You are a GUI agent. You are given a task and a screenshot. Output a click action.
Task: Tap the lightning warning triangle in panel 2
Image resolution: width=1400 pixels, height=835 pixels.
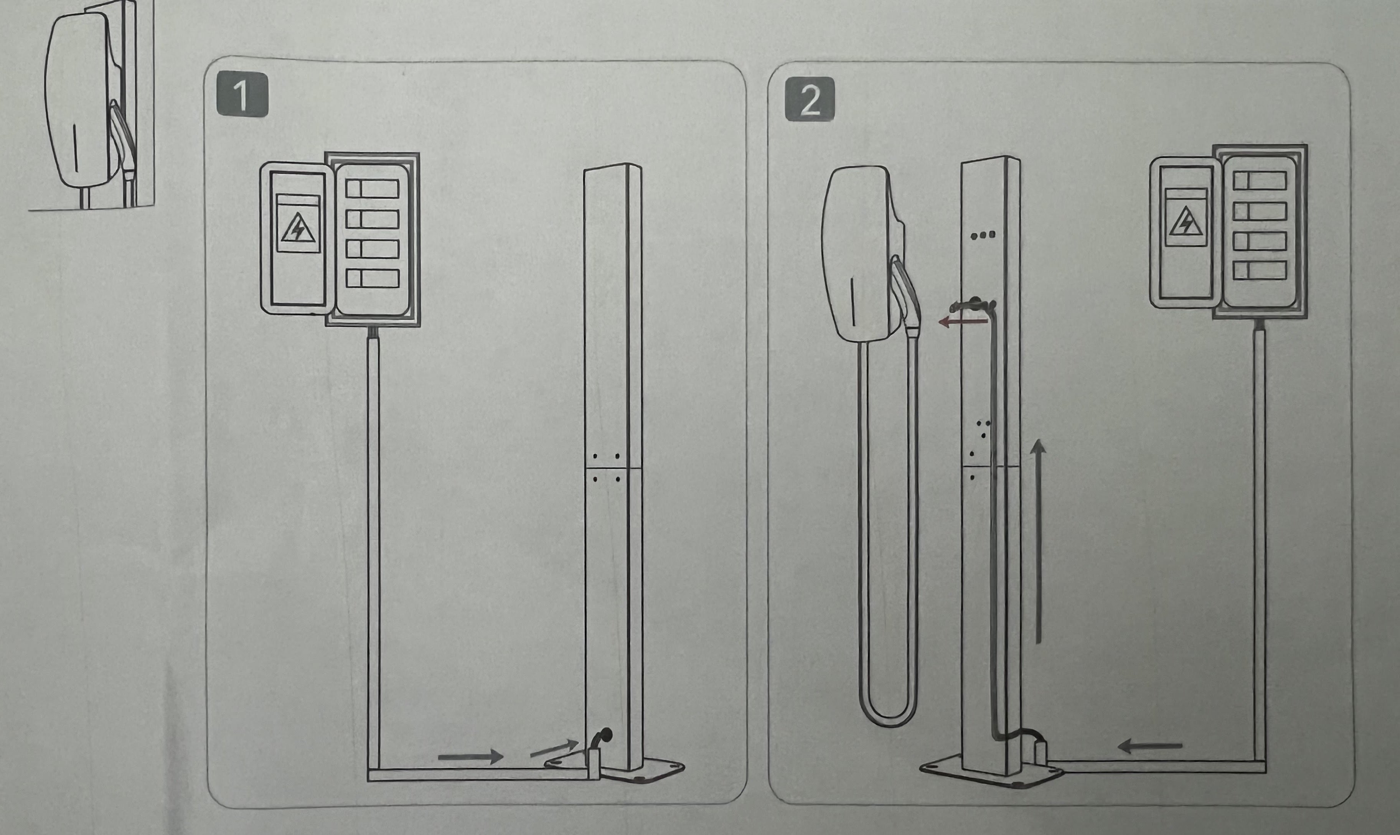click(1186, 222)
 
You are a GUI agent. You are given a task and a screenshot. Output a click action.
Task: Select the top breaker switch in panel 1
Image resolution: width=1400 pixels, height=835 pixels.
click(373, 188)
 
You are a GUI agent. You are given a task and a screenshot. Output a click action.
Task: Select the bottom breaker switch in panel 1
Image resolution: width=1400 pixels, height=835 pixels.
click(373, 278)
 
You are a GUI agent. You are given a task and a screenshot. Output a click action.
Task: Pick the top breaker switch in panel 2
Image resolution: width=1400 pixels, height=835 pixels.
click(1259, 181)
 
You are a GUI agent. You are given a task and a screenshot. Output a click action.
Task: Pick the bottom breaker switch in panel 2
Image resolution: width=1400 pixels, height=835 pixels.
click(1259, 270)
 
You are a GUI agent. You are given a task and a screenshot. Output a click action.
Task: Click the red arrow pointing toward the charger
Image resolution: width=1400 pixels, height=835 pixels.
click(962, 322)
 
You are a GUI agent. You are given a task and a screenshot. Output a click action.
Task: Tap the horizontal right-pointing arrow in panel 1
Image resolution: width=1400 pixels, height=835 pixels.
click(470, 756)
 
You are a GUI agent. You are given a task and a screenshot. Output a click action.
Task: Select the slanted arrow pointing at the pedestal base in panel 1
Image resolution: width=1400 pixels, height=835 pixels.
click(554, 748)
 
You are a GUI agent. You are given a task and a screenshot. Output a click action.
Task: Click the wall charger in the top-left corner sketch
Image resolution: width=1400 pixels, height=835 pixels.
click(79, 101)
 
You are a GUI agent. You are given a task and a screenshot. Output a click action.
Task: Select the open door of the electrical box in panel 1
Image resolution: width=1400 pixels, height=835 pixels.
click(295, 237)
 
